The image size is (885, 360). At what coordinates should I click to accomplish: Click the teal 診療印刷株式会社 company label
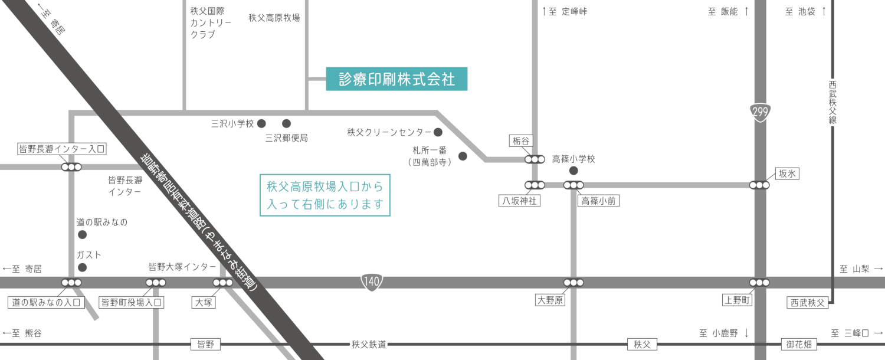coord(396,79)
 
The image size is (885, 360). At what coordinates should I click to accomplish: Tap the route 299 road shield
coord(760,112)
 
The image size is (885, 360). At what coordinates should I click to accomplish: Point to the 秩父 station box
coord(642,345)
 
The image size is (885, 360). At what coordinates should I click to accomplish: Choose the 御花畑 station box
coord(799,345)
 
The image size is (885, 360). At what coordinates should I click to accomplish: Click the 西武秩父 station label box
coord(808,303)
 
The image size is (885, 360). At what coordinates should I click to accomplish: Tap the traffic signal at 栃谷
coord(535,159)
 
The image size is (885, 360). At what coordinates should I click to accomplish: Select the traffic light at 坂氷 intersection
coord(759,185)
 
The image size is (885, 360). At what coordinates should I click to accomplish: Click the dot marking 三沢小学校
coord(261,123)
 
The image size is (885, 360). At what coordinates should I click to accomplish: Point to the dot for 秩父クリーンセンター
coord(438,132)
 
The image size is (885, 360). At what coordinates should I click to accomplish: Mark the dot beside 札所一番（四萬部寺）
coord(463,156)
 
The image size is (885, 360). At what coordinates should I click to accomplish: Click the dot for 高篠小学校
coord(572,171)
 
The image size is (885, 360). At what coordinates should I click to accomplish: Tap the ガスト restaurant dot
coord(83,267)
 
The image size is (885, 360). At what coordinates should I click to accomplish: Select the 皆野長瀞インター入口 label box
coord(62,149)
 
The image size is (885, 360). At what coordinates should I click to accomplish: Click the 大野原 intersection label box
coord(550,301)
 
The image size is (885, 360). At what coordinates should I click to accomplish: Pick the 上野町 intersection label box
coord(737,301)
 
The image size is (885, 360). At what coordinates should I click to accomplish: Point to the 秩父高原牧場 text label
coord(274,18)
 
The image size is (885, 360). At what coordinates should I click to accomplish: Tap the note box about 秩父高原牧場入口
coord(325,195)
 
